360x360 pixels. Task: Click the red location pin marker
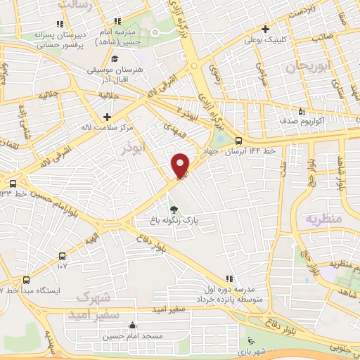coord(181,165)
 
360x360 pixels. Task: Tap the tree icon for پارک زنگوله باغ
coord(174,208)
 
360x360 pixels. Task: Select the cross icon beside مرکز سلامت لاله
coord(107,117)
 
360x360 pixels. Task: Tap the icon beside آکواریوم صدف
coord(301,111)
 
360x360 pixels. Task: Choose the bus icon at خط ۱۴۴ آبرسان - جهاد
coord(239,140)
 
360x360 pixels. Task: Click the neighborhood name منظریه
coord(323,219)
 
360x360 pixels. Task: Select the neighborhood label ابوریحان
coord(304,66)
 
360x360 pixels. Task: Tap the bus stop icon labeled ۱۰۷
coord(63,257)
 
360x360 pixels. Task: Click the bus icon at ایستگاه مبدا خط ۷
coord(27,279)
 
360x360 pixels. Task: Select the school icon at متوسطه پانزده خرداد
coord(228,278)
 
